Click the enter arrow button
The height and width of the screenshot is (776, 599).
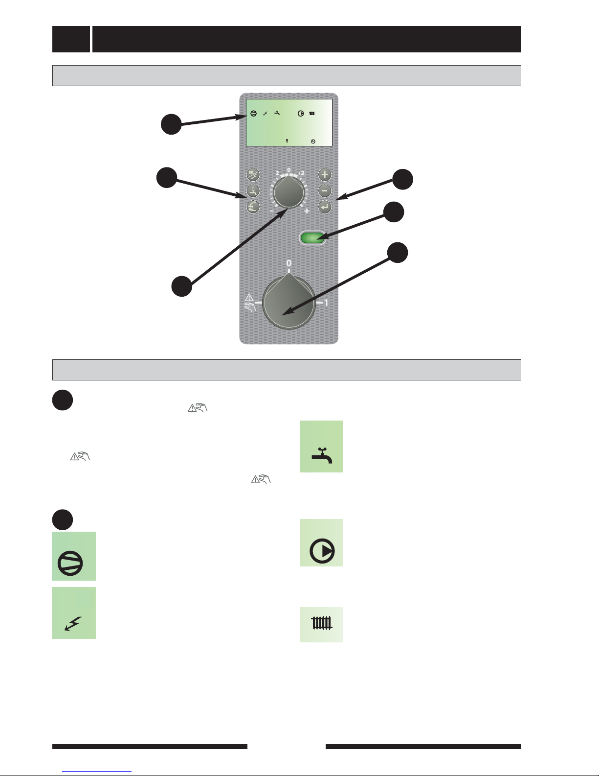pos(325,207)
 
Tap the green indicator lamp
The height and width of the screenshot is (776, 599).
pos(312,238)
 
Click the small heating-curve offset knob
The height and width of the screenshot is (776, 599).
pos(289,192)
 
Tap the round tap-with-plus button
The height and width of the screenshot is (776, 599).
pos(253,191)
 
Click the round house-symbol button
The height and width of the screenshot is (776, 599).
pos(253,207)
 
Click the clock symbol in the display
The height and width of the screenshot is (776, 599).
pos(313,141)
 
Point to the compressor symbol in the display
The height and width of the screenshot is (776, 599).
pos(253,114)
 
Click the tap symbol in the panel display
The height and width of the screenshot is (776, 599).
pos(277,114)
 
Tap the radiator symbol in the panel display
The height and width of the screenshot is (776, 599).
pos(312,114)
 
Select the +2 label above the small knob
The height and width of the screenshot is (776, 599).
pos(301,173)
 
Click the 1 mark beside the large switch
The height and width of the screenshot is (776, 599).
pos(326,303)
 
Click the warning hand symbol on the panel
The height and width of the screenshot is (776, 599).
pos(250,302)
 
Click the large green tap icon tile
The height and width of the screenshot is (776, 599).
pos(321,447)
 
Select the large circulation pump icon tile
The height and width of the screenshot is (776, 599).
pos(321,542)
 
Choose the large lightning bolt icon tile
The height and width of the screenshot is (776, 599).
pos(74,613)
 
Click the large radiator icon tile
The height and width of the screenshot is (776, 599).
pos(321,625)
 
